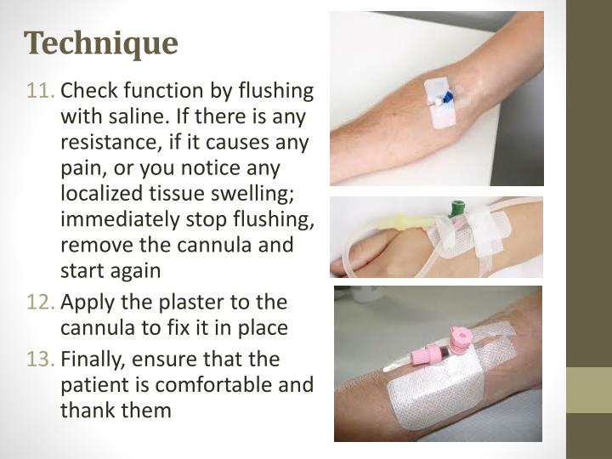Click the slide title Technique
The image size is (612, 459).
(x=101, y=42)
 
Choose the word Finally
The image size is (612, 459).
(x=93, y=360)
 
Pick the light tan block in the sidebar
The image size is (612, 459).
(x=589, y=389)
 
